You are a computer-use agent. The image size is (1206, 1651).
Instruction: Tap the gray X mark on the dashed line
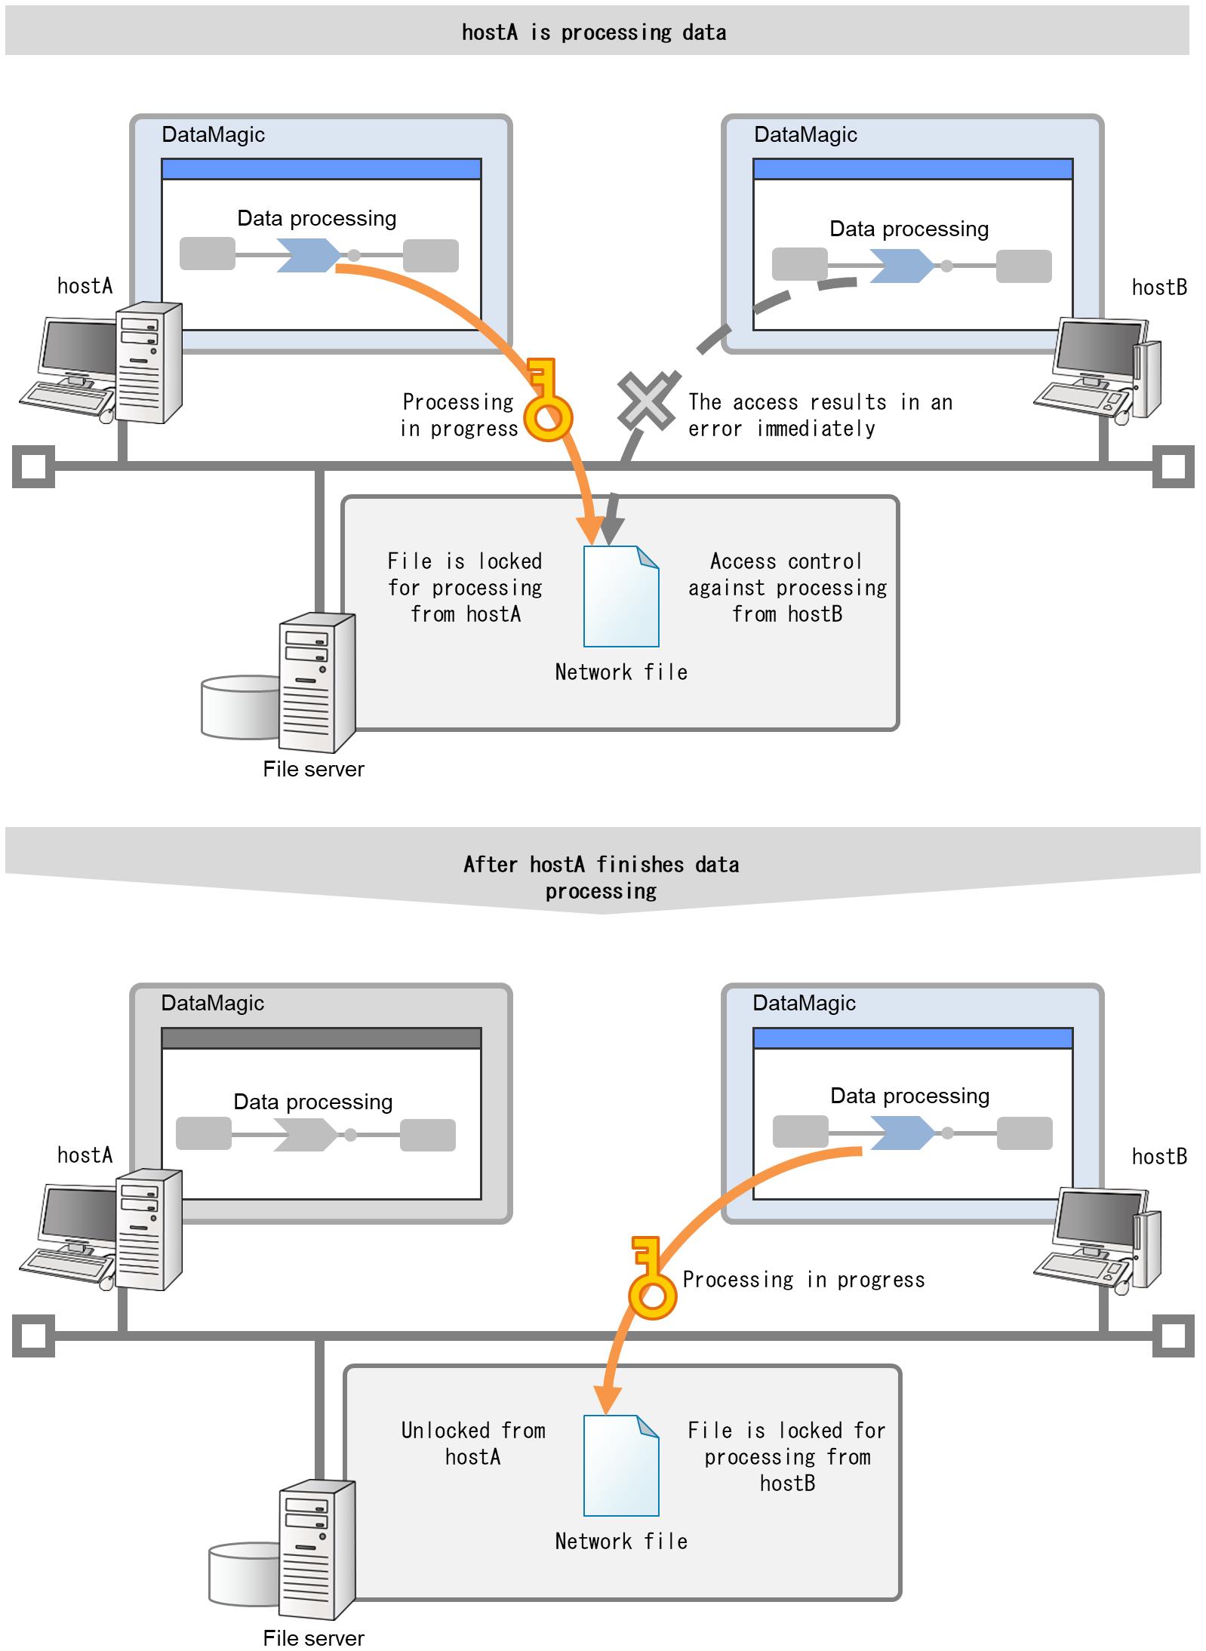645,401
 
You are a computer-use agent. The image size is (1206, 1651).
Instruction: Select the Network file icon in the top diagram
621,596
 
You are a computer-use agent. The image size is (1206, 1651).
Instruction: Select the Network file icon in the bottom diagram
621,1465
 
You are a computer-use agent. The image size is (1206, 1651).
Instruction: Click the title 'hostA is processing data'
594,32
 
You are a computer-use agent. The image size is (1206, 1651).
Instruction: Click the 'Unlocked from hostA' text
473,1443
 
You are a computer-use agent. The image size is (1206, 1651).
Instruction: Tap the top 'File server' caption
313,769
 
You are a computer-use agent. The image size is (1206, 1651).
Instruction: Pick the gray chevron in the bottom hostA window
305,1135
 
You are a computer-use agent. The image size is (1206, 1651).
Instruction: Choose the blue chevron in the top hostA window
309,255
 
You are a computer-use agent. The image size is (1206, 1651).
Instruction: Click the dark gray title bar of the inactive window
321,1038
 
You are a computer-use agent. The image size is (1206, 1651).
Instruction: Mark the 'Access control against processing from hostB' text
787,588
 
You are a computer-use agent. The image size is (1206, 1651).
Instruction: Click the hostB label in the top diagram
1159,287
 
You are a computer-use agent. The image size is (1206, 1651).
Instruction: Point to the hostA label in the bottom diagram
85,1155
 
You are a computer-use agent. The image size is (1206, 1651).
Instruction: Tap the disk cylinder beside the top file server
238,707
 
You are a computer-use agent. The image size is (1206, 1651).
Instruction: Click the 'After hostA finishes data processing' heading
601,877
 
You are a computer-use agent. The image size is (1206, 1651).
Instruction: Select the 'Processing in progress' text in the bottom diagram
803,1280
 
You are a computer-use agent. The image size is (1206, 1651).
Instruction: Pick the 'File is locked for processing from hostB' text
787,1456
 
